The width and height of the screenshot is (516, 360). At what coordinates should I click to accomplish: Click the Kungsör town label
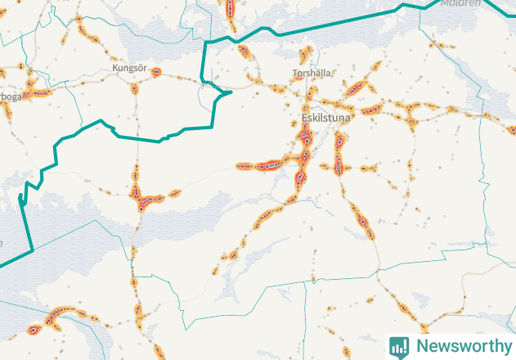[x=129, y=68]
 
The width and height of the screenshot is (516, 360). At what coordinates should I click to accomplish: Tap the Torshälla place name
[x=312, y=73]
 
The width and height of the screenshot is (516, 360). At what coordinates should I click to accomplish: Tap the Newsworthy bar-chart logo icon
[x=399, y=346]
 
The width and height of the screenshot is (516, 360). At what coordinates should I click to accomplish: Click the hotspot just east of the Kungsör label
[x=155, y=72]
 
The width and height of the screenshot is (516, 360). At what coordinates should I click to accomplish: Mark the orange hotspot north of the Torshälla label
[x=305, y=56]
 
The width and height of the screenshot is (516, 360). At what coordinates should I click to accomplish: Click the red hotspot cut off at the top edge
[x=230, y=8]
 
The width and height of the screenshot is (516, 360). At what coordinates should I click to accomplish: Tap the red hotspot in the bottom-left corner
[x=34, y=330]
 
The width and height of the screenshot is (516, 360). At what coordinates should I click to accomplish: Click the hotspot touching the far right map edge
[x=512, y=130]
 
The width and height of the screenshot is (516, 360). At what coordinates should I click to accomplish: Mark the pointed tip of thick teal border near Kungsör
[x=231, y=92]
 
